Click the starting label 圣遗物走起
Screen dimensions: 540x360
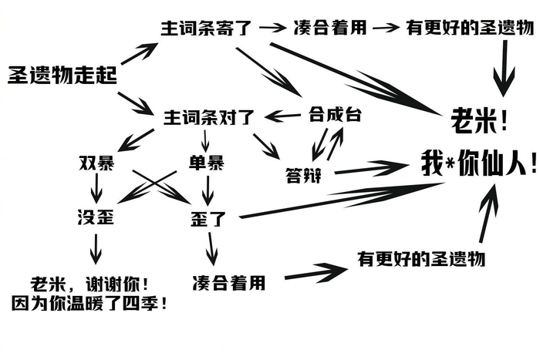[x=62, y=75]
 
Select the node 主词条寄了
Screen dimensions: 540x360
[x=207, y=29]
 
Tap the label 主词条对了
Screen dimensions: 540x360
[x=209, y=118]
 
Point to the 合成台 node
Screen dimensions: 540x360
[x=335, y=115]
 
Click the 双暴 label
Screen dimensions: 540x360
[x=96, y=163]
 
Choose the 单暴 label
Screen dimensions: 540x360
[x=207, y=163]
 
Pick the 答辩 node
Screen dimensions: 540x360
[x=303, y=176]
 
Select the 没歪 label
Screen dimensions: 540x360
[x=96, y=217]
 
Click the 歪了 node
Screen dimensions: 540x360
[x=208, y=219]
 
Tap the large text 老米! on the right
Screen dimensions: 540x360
[x=479, y=120]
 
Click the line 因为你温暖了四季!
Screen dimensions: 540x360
[x=89, y=304]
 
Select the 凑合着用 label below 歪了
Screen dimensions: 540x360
[x=229, y=283]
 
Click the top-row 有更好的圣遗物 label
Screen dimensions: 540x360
[x=470, y=29]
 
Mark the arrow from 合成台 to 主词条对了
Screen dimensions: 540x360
[x=282, y=116]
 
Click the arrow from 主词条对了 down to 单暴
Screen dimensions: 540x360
[x=206, y=141]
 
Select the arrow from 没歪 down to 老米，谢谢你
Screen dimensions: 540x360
[x=96, y=249]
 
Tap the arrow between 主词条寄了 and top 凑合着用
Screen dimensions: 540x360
[x=273, y=28]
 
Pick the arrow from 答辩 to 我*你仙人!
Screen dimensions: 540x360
[x=371, y=168]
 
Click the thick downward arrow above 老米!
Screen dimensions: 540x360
[x=505, y=68]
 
